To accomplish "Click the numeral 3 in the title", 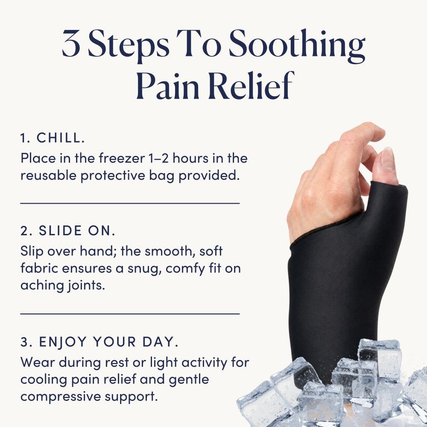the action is [71, 43].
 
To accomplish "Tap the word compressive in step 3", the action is [61, 397].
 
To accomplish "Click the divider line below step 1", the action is [130, 203].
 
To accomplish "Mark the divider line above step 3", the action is [130, 314].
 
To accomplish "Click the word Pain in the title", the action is [167, 85].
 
